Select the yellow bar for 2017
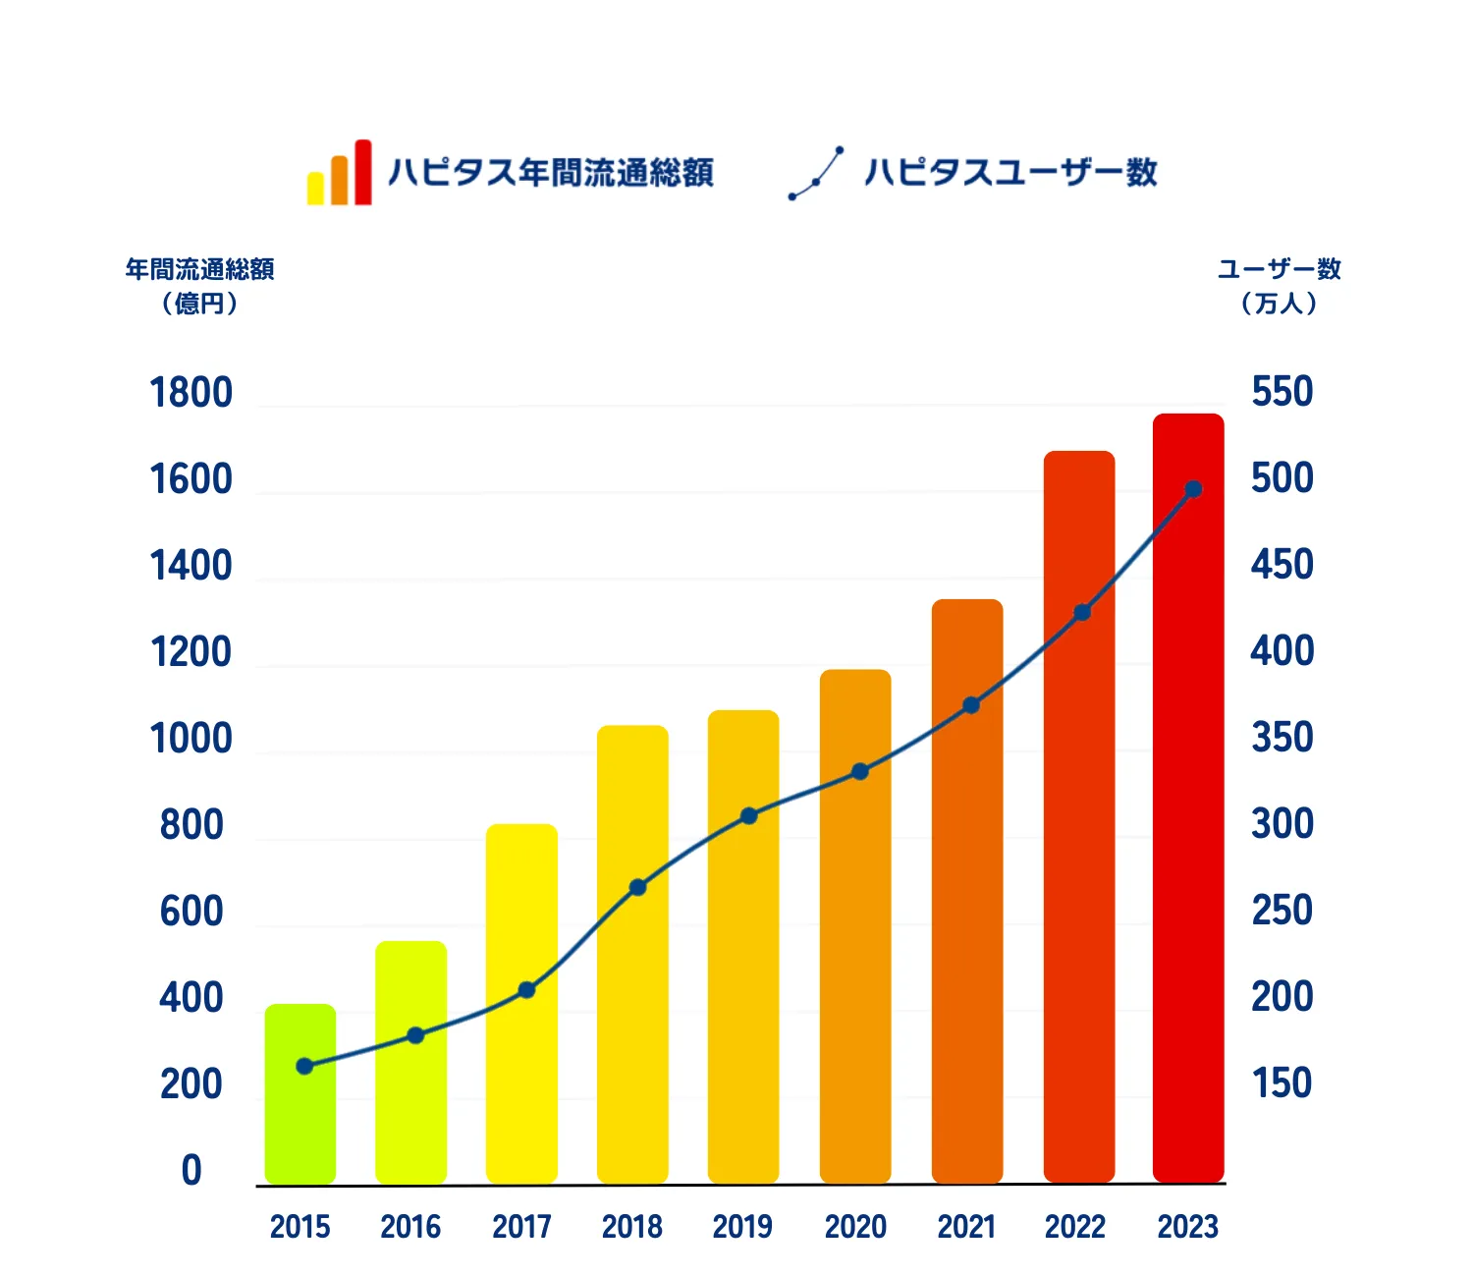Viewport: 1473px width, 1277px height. point(521,1002)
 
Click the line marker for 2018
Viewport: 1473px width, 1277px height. point(637,888)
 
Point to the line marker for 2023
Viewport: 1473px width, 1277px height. point(1193,489)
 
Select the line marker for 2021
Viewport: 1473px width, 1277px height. point(971,705)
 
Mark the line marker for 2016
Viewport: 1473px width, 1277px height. point(415,1035)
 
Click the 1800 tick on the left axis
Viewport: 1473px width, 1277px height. point(191,393)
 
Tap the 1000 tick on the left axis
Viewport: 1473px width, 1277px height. point(191,739)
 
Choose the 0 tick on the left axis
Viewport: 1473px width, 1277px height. point(191,1171)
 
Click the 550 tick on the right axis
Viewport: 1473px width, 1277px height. point(1282,392)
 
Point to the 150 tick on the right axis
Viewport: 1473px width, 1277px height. point(1282,1083)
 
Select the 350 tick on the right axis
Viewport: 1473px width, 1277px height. point(1282,738)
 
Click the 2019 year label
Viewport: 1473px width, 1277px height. point(742,1227)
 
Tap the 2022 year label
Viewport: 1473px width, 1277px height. point(1075,1227)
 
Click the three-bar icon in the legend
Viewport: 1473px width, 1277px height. point(340,174)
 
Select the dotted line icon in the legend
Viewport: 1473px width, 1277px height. point(816,174)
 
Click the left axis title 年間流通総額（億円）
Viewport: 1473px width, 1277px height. point(199,286)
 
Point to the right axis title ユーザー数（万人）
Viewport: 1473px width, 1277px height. point(1279,286)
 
